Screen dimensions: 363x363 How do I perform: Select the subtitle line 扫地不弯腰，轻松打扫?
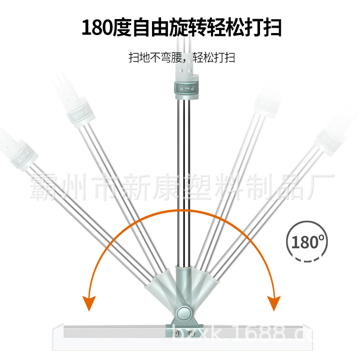tap(181, 58)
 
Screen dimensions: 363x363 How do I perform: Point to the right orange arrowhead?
tap(273, 302)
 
